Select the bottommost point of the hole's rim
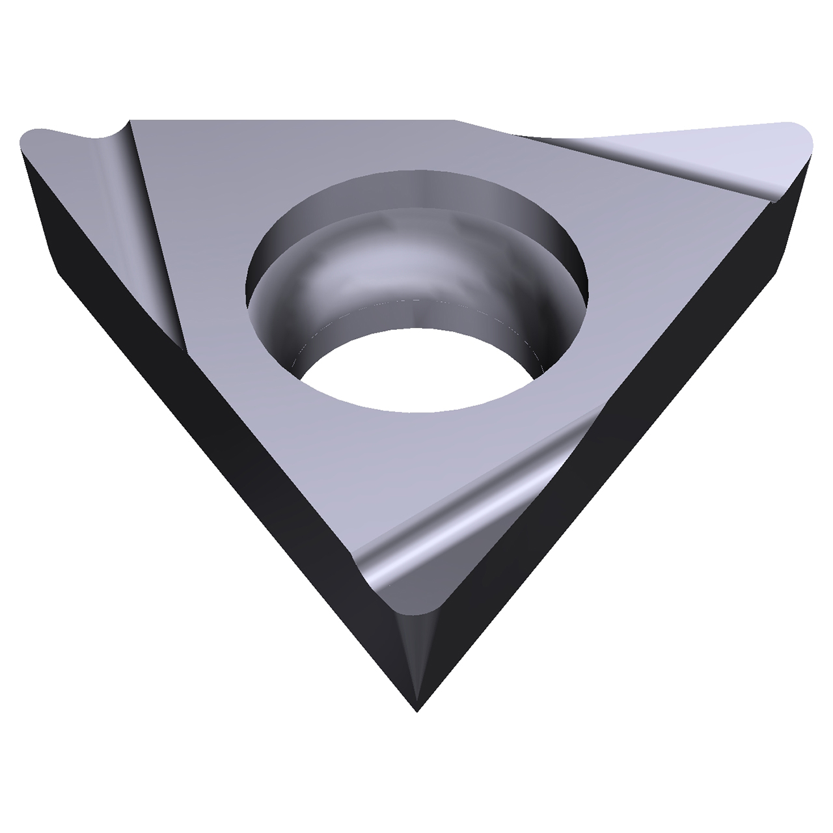416,413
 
